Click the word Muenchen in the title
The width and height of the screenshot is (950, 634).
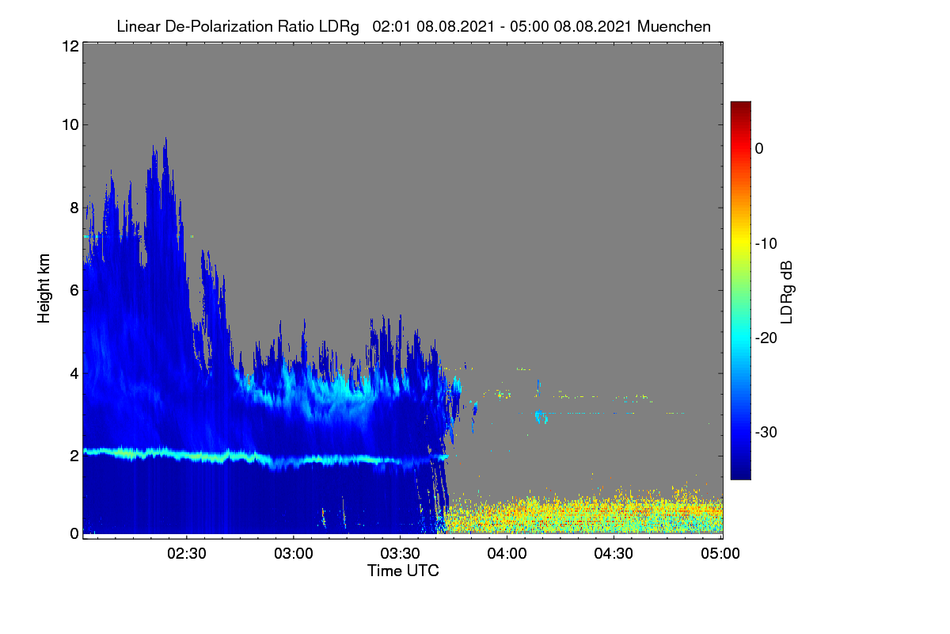pos(674,27)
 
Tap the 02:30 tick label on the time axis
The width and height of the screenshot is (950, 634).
pos(186,553)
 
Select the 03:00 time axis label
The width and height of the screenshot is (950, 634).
pos(293,553)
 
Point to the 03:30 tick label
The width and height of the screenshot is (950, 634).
pos(400,553)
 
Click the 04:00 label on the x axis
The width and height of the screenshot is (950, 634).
pos(507,553)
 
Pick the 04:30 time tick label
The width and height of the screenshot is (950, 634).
pos(614,553)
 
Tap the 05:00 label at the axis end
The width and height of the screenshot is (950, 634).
pos(720,553)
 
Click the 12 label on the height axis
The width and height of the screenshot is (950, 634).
pos(70,46)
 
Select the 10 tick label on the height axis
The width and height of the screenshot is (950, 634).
pos(70,125)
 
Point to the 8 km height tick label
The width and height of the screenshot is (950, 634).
pos(74,208)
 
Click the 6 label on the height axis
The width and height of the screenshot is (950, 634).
pos(74,291)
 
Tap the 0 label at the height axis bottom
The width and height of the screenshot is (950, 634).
pos(74,533)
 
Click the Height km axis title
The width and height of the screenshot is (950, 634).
pos(44,288)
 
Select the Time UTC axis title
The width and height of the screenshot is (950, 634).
pos(403,571)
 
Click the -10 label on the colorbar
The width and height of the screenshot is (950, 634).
pos(766,244)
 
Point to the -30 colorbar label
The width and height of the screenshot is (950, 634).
pos(766,432)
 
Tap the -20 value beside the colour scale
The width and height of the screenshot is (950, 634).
pos(766,338)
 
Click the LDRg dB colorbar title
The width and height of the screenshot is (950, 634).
pos(787,292)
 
